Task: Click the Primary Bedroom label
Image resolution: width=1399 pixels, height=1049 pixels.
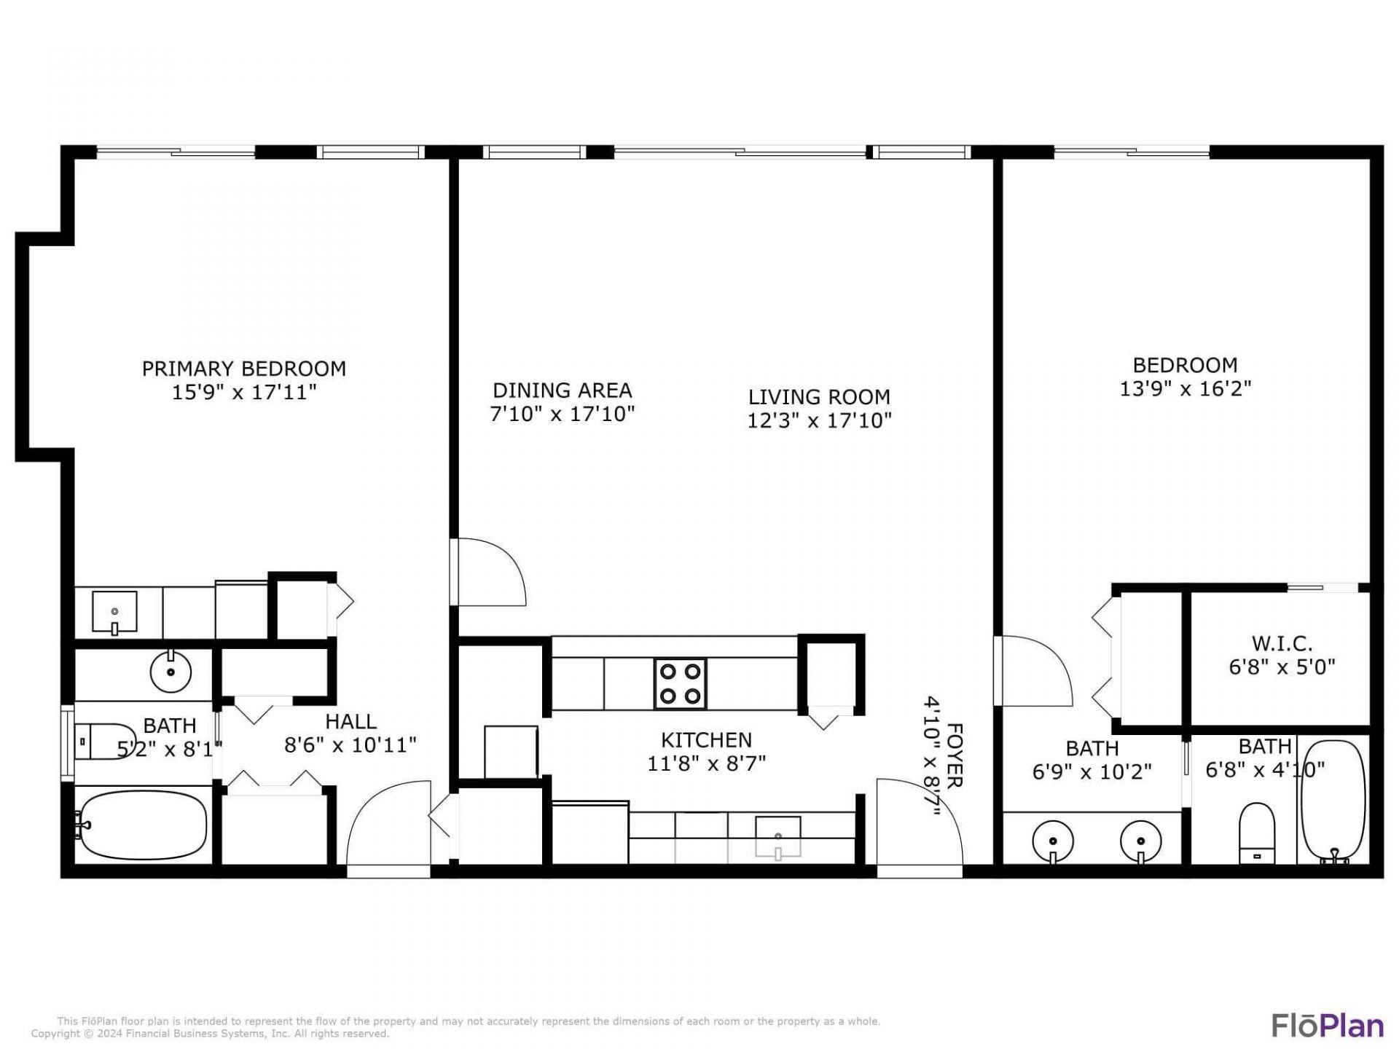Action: (243, 369)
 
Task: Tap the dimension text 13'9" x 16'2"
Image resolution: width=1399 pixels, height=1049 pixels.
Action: (1185, 389)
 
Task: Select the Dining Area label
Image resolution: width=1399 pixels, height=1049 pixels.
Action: (562, 390)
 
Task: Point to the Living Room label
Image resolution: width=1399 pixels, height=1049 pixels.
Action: (819, 397)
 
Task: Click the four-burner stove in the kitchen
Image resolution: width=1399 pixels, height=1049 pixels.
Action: (680, 683)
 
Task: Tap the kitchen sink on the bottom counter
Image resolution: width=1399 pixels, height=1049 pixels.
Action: (777, 836)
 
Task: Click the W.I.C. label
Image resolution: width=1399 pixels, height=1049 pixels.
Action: (1282, 644)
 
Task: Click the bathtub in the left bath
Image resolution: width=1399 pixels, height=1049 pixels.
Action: (143, 825)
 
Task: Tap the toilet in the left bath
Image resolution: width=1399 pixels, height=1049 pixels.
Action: (107, 742)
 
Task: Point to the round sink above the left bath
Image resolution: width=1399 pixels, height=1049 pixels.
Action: (171, 672)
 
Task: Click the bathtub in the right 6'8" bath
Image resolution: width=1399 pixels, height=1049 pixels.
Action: (1333, 801)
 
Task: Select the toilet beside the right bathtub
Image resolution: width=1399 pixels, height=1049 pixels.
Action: (1256, 832)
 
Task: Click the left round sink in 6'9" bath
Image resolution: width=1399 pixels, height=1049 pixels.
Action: (1053, 841)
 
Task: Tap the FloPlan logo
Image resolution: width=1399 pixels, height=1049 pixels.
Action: (1327, 1026)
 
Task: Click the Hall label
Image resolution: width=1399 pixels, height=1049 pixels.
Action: (350, 722)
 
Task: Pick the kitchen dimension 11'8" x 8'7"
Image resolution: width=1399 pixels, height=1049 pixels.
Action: (706, 763)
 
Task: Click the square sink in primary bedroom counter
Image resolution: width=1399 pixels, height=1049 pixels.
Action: (114, 612)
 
